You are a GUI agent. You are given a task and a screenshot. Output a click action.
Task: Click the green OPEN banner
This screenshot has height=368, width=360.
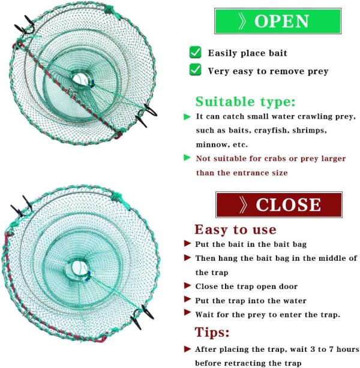[x=278, y=21]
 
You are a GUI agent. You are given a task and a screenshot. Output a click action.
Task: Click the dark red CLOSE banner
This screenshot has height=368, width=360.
[x=279, y=204]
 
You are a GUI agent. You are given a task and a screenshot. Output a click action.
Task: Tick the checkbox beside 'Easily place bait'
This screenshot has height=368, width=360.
[x=195, y=52]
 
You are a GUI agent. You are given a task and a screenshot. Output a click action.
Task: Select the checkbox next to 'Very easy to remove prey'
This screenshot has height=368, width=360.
[x=195, y=70]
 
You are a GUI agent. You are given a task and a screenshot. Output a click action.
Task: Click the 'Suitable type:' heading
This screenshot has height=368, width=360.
[x=245, y=102]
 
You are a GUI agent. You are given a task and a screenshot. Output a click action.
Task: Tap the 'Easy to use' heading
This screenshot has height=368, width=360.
[x=235, y=230]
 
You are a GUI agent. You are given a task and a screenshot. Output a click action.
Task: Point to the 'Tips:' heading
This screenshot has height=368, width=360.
[x=212, y=332]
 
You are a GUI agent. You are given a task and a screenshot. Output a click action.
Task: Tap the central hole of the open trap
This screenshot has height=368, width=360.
[x=80, y=79]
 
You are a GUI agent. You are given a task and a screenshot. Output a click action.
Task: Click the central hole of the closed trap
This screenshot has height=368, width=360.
[x=78, y=267]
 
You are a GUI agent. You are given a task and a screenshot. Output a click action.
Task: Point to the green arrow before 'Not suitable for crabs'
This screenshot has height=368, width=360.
[x=187, y=158]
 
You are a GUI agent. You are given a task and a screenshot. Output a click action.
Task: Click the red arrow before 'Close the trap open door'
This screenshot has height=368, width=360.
[x=187, y=286]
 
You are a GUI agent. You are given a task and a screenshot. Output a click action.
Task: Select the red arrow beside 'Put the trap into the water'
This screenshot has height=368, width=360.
[x=187, y=299]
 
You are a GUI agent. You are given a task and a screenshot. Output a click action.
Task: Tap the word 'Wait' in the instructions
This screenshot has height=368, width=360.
[x=205, y=315]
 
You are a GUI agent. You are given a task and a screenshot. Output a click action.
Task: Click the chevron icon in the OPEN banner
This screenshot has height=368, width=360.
[x=242, y=21]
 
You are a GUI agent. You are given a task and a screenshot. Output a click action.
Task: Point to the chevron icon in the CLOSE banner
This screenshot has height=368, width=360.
[x=243, y=204]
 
